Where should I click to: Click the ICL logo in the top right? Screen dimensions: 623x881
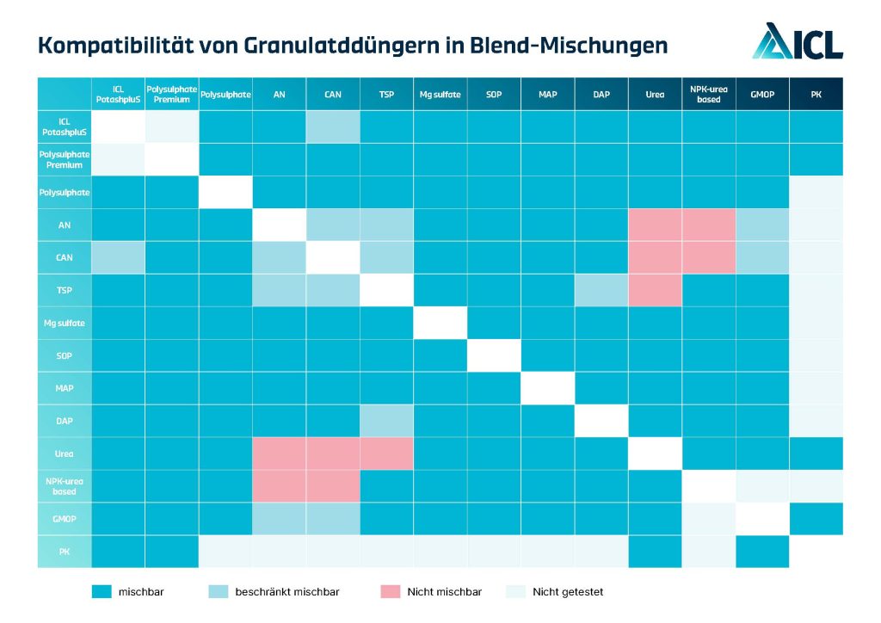click(798, 41)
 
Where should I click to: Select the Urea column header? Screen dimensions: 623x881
click(655, 94)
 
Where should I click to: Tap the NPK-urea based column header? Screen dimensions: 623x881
click(708, 94)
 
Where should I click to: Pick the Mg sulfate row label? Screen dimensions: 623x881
click(65, 323)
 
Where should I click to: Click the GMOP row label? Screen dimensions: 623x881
click(65, 519)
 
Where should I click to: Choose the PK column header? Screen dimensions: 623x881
click(816, 94)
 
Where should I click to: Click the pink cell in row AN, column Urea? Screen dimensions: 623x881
click(655, 225)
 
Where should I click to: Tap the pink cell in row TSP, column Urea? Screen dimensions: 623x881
click(655, 290)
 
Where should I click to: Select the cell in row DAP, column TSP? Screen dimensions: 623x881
click(386, 421)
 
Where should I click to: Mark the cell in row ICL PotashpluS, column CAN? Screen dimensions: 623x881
click(332, 126)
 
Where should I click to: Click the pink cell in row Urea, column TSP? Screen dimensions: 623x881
click(386, 453)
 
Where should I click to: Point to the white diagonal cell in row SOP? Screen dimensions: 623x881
click(494, 355)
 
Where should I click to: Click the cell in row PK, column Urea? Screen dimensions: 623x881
click(655, 552)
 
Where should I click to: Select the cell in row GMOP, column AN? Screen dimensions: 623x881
click(279, 519)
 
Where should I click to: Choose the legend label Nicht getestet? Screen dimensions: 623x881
click(568, 592)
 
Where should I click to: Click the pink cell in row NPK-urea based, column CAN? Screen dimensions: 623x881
click(332, 486)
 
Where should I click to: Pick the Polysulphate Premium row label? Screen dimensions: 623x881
click(65, 159)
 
